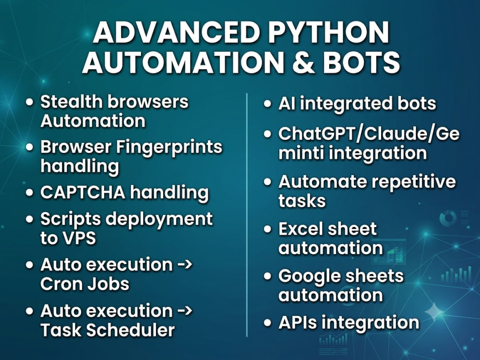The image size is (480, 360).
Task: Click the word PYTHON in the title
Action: pos(329,32)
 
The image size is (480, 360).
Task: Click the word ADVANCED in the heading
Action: pos(177,32)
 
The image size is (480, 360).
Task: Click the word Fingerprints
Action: pos(169,147)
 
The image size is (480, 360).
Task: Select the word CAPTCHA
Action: pos(83,192)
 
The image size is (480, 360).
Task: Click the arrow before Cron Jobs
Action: pos(185,264)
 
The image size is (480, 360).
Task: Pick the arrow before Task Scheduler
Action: pos(185,311)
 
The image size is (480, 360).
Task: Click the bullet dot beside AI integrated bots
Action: pos(267,104)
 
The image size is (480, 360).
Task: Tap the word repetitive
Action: pos(414,182)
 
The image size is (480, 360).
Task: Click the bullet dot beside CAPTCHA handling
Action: pos(29,193)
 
